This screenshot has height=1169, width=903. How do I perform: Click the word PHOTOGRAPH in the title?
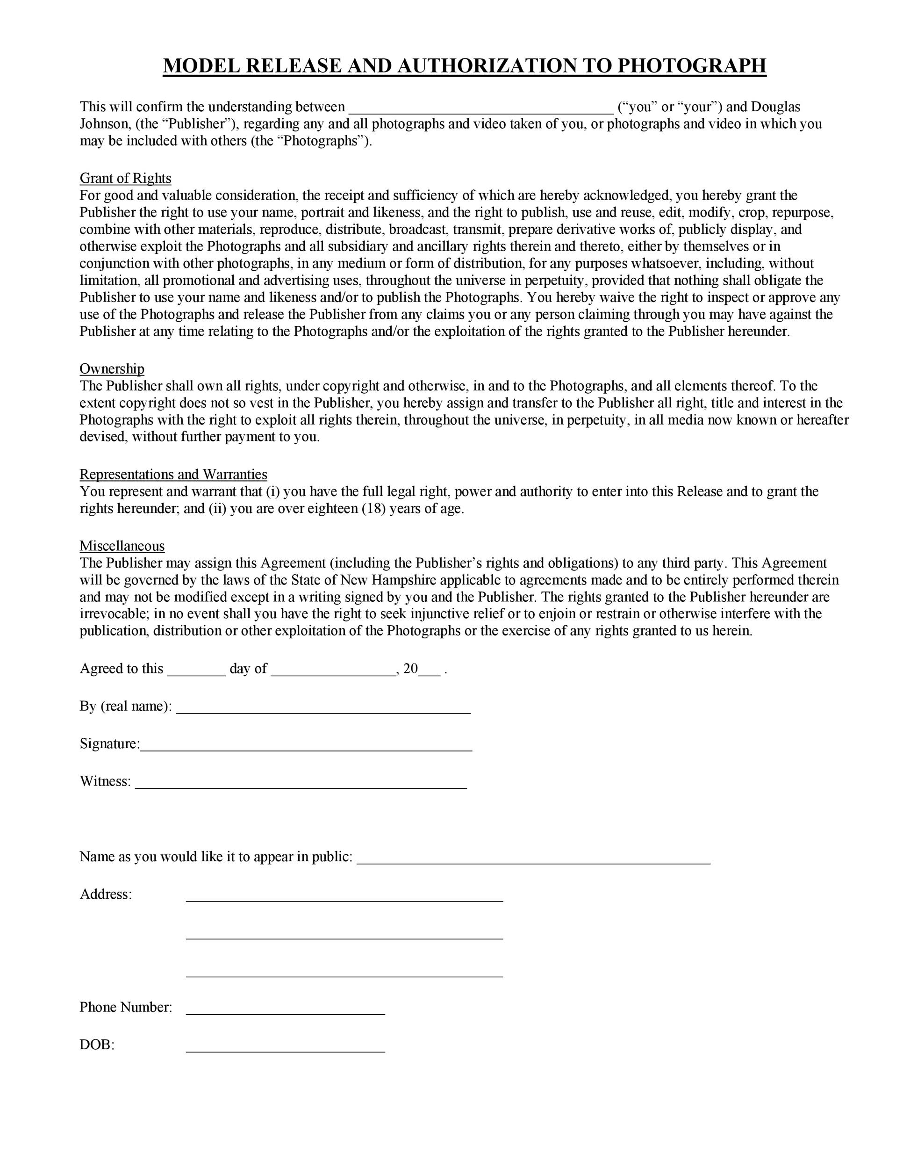[x=692, y=65]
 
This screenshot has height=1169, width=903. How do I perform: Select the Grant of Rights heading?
[x=125, y=178]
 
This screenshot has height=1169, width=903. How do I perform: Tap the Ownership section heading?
[x=112, y=369]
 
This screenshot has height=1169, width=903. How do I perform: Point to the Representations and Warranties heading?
[x=173, y=474]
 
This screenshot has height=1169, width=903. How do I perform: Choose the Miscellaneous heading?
[x=122, y=546]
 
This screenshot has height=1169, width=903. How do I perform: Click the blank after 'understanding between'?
[x=480, y=108]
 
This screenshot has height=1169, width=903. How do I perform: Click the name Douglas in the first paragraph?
[x=776, y=107]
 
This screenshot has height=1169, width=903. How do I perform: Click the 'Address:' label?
[x=105, y=895]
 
